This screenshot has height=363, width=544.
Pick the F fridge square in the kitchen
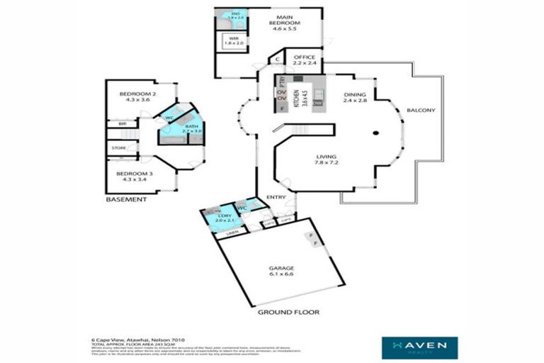(x=281, y=110)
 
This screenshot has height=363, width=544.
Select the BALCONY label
(x=421, y=111)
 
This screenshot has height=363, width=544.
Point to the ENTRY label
(x=276, y=197)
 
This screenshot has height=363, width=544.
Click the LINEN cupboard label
(x=231, y=233)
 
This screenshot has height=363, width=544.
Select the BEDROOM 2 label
(x=137, y=97)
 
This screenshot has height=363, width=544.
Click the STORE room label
(x=119, y=148)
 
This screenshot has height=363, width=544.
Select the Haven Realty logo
(x=419, y=347)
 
